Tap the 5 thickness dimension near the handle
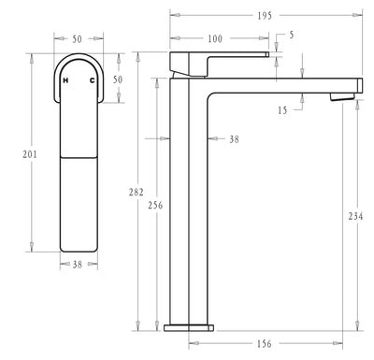pos(291,36)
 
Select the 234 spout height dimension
pos(355,217)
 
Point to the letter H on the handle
pos(65,82)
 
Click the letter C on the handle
pos(91,82)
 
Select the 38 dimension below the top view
pos(79,265)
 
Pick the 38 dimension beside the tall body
pos(233,138)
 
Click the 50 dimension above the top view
pos(78,38)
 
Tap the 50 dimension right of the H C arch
pos(118,80)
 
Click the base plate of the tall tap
pos(189,328)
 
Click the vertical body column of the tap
pos(188,206)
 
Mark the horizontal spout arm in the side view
pos(280,83)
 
